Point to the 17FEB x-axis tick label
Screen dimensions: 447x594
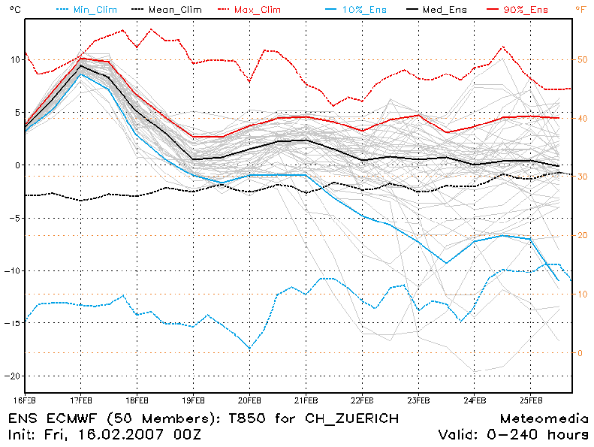80,399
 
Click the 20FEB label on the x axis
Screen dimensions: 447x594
249,399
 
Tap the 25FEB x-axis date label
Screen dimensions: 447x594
530,399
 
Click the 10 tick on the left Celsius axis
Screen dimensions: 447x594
13,59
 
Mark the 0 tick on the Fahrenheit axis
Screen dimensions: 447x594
579,352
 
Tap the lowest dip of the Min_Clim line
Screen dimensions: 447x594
250,349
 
